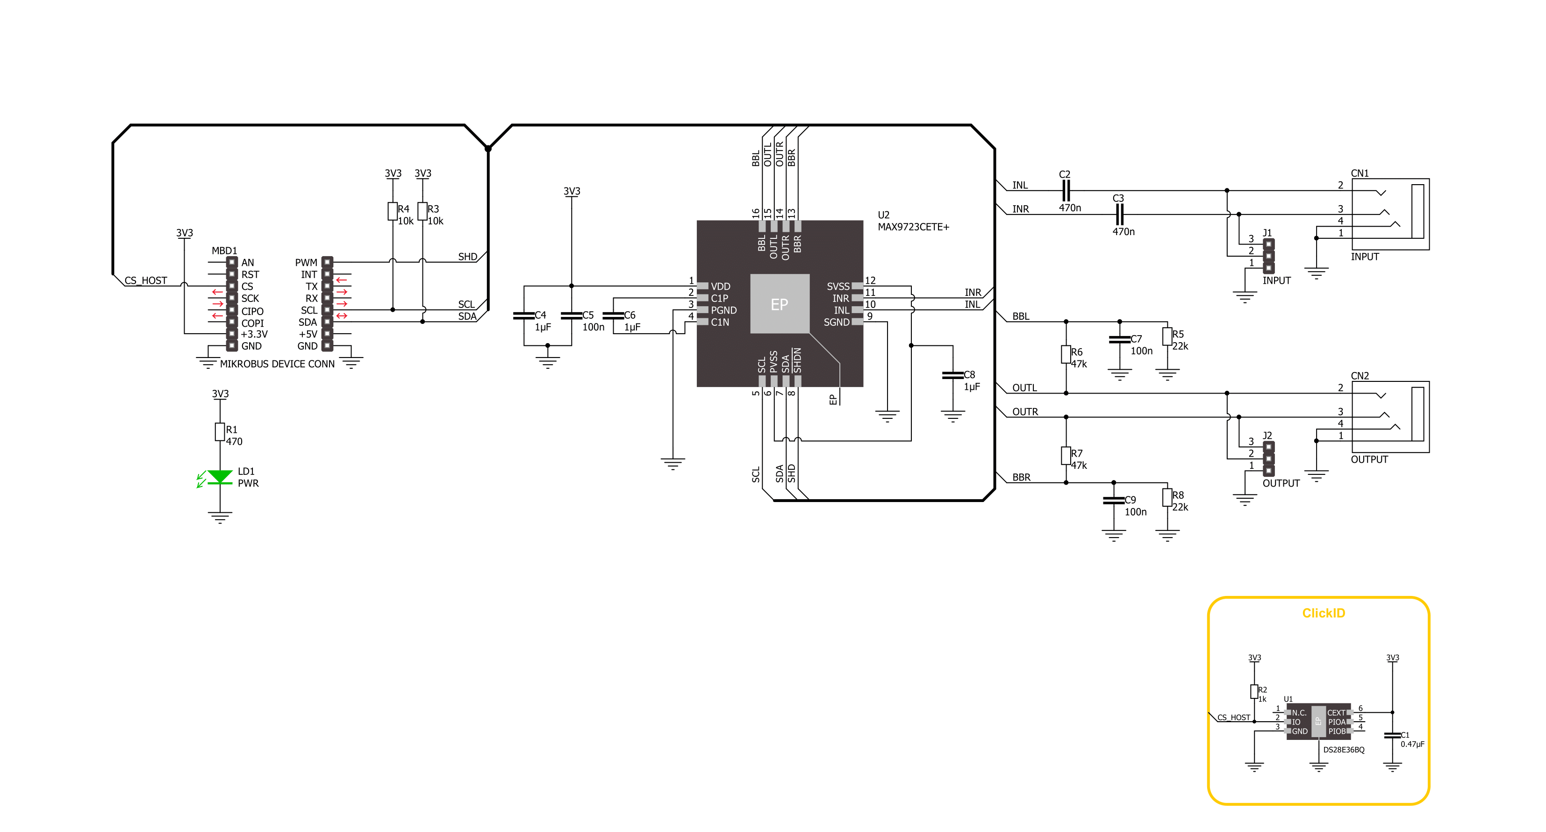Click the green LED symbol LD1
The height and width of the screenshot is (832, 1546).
[220, 477]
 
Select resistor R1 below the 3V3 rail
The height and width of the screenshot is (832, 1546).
[220, 431]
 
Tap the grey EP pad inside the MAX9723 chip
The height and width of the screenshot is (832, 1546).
[780, 304]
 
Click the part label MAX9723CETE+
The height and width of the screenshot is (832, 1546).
[913, 227]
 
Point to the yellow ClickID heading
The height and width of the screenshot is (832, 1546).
[1324, 613]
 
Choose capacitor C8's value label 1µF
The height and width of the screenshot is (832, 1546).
[972, 387]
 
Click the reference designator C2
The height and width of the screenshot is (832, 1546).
[1065, 174]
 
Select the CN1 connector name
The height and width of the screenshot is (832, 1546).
[1360, 173]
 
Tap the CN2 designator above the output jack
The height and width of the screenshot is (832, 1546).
[1360, 376]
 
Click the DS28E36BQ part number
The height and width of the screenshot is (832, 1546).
[1344, 750]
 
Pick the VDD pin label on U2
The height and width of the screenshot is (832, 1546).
[720, 287]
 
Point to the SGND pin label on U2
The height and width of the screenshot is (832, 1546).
[837, 323]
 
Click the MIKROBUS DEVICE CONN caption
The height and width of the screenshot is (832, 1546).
[277, 364]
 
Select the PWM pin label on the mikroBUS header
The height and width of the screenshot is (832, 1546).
[306, 262]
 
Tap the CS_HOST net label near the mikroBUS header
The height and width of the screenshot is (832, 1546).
[146, 280]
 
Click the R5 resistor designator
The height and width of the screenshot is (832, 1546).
[1178, 334]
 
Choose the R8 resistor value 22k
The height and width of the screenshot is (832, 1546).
[1180, 507]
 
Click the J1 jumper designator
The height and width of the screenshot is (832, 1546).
[1267, 233]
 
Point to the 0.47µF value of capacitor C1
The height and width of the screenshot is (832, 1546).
[1412, 744]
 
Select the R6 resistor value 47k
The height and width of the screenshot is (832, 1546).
[1079, 364]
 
